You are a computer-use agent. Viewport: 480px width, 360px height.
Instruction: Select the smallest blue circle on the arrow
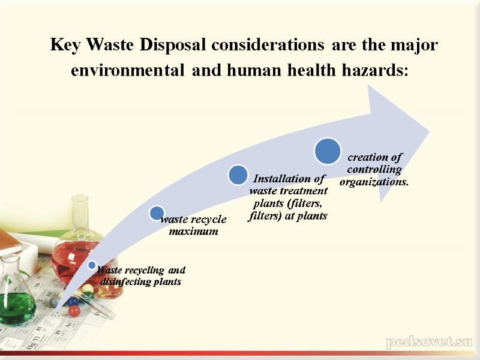pyautogui.click(x=91, y=265)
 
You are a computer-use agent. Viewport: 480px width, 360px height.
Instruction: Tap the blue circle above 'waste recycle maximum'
pyautogui.click(x=157, y=212)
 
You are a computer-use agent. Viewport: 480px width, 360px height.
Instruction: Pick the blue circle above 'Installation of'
pyautogui.click(x=238, y=175)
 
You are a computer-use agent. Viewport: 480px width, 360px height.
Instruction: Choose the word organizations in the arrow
pyautogui.click(x=374, y=181)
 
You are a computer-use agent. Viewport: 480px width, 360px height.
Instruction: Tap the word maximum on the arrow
pyautogui.click(x=193, y=232)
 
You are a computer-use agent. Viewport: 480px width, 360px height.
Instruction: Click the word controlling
pyautogui.click(x=374, y=169)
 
